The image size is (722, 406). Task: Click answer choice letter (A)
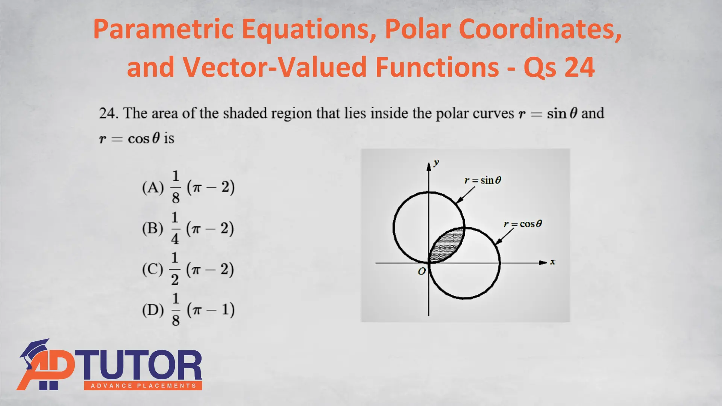point(153,187)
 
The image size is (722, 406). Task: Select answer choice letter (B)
point(153,228)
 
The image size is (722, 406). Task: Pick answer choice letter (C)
point(153,269)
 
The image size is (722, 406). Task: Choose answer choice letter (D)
point(153,310)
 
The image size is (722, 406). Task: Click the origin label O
point(422,271)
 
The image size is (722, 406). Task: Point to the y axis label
point(436,163)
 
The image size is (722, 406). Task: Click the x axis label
point(552,262)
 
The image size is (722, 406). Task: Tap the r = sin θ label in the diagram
point(483,180)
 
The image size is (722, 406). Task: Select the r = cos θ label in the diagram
point(523,224)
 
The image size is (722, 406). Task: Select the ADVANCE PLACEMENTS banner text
point(143,386)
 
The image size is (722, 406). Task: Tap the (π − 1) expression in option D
point(211,310)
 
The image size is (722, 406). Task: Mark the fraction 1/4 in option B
point(175,228)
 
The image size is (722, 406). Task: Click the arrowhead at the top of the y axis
point(429,167)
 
